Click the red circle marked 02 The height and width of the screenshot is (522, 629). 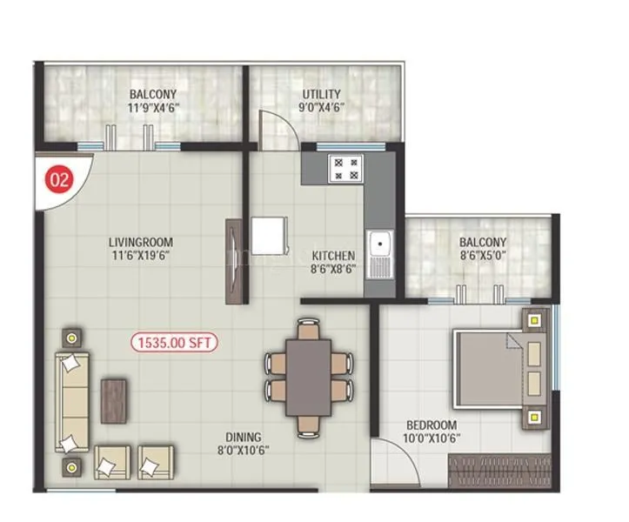point(60,181)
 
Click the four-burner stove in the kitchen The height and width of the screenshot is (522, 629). point(345,169)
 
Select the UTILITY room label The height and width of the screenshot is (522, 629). point(322,94)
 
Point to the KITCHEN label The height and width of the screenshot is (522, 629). point(334,256)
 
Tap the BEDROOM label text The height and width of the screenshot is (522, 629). point(432,425)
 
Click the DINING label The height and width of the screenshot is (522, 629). point(243,437)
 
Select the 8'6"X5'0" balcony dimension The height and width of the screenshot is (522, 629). point(482,257)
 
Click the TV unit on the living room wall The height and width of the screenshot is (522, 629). point(232,261)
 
